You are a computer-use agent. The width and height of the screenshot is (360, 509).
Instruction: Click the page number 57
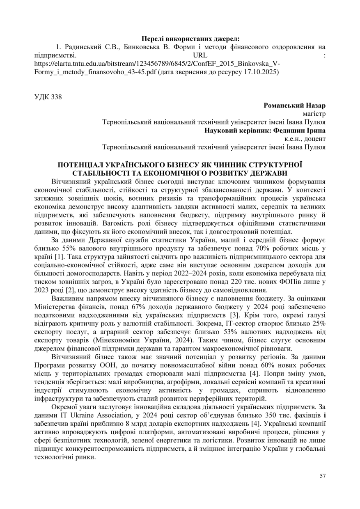322,476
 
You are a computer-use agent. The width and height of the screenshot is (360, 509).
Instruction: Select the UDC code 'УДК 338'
48,97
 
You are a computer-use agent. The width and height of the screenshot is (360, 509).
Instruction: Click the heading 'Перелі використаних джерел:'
179,39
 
